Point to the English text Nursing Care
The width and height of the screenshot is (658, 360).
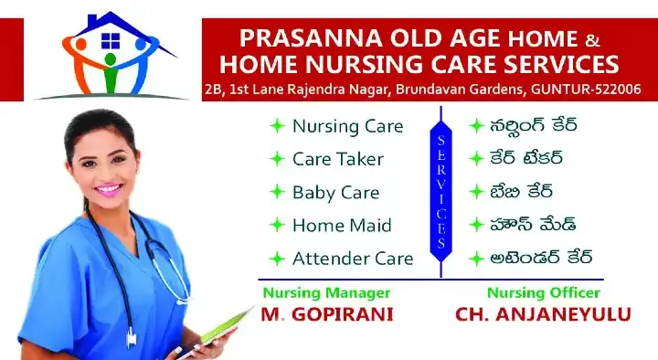[347, 125]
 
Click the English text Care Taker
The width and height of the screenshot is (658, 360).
[338, 158]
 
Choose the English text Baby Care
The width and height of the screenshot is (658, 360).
[335, 192]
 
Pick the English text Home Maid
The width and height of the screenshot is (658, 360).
[342, 225]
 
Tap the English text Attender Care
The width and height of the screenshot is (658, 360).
[353, 259]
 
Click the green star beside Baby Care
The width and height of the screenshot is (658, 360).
[277, 192]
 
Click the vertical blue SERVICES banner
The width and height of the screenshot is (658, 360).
[440, 192]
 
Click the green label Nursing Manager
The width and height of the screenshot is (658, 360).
[326, 292]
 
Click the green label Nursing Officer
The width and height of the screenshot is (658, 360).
[543, 292]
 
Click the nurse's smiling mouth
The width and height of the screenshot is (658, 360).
[109, 189]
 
